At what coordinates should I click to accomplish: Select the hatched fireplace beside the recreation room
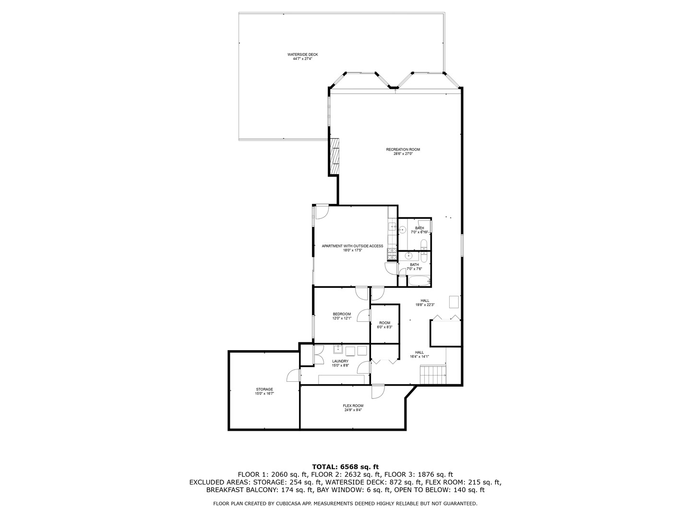(334, 157)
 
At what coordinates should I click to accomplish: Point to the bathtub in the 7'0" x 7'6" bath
(419, 281)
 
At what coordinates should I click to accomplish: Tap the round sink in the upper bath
(402, 230)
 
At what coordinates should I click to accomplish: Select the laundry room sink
(338, 349)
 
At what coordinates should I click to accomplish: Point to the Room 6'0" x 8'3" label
(384, 325)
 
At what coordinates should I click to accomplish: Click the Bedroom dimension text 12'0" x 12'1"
(342, 318)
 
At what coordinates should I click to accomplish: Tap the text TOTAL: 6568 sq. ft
(345, 466)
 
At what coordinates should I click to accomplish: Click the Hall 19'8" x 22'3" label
(425, 303)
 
